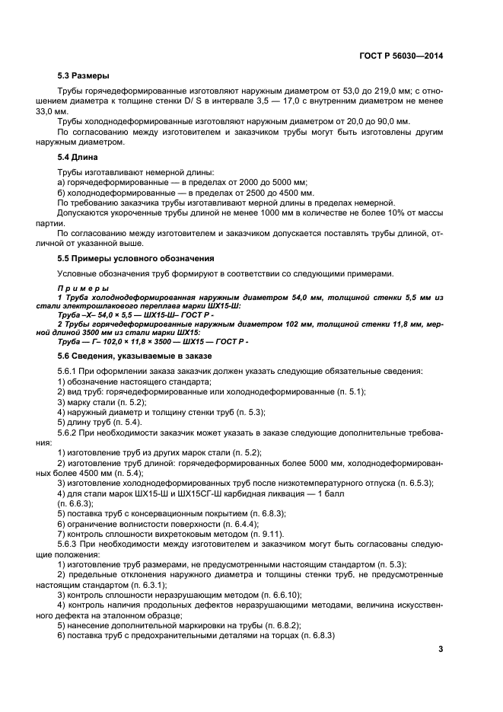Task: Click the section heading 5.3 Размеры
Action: coord(84,76)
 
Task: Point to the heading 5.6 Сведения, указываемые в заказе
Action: coord(135,356)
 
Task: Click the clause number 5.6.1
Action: coord(69,371)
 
